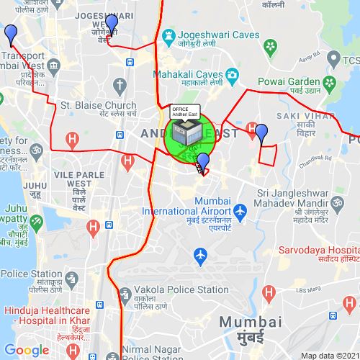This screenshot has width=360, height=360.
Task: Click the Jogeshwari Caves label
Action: coord(210,34)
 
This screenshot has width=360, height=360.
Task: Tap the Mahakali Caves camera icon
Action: coord(233,74)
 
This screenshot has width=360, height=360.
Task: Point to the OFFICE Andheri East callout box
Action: coord(185,111)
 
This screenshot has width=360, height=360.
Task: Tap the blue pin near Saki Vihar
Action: coord(261,133)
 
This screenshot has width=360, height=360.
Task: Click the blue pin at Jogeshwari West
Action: coord(111,23)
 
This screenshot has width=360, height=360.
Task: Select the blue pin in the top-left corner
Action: coord(10,33)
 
